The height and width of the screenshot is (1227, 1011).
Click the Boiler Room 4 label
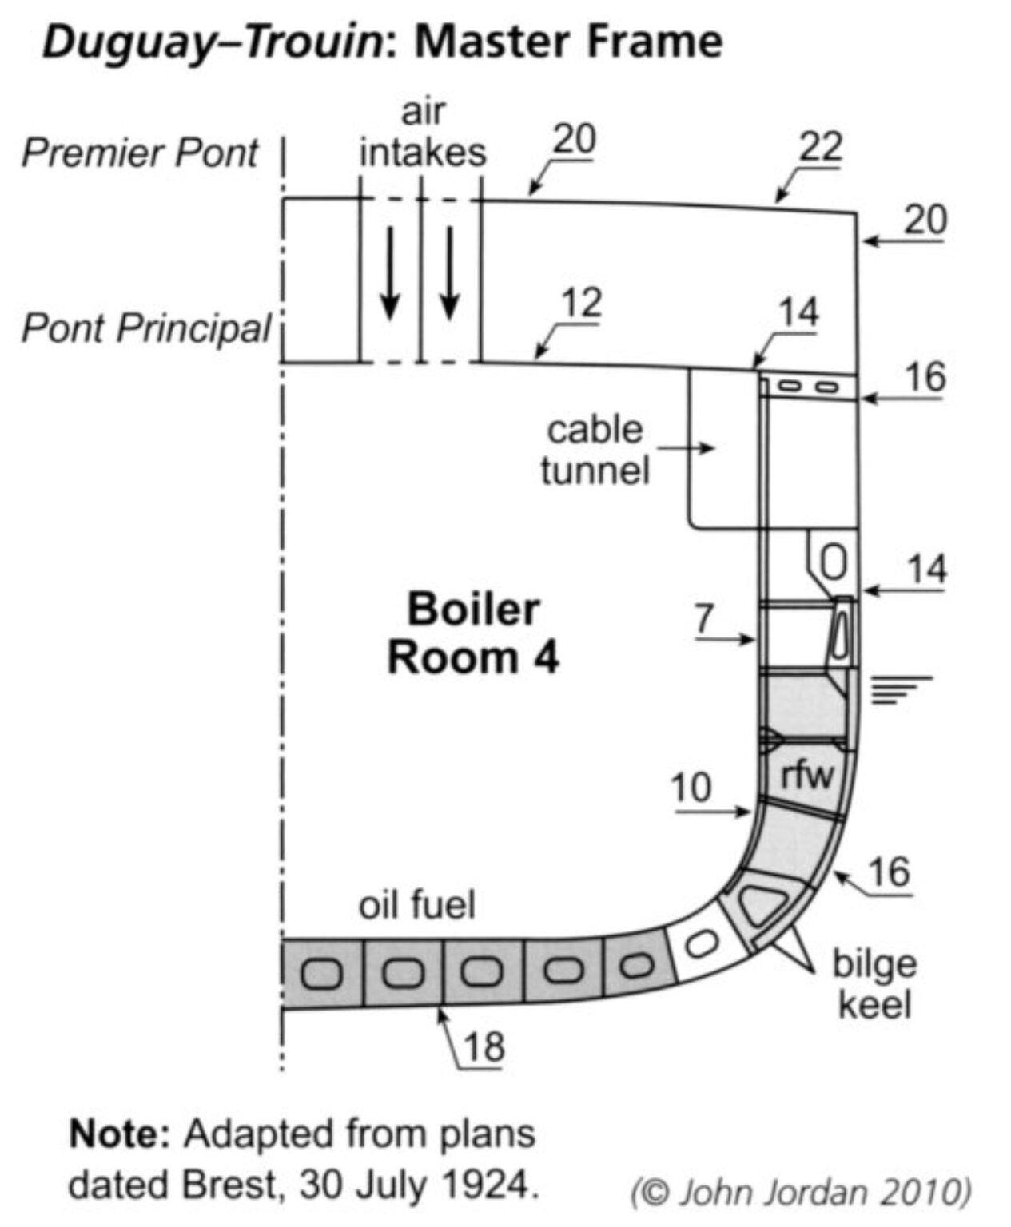pos(473,633)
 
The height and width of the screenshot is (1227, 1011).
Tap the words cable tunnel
pos(594,450)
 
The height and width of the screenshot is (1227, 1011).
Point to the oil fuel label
pos(416,905)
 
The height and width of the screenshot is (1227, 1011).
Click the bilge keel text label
pos(874,983)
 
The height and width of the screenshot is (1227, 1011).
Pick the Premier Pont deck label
pos(140,153)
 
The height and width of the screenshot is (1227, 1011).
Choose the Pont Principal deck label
pos(146,328)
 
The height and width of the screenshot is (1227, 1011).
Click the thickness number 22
pos(820,147)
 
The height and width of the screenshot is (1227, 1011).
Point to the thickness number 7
pos(703,619)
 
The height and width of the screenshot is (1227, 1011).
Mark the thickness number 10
pos(691,788)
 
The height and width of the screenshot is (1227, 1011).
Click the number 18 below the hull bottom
pos(484,1046)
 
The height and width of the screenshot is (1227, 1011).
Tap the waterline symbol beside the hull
pos(899,689)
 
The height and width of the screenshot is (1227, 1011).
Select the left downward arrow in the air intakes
pos(389,272)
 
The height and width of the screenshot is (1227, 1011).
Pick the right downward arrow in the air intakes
pos(450,272)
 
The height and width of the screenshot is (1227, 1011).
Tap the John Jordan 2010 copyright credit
pos(801,1193)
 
